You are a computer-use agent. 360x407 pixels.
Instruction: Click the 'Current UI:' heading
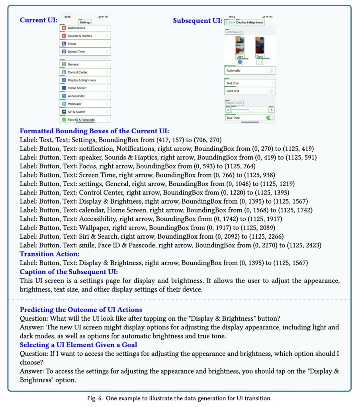[x=39, y=20]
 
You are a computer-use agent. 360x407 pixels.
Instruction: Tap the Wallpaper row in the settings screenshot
[x=85, y=104]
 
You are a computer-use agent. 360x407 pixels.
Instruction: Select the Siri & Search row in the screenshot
[x=85, y=112]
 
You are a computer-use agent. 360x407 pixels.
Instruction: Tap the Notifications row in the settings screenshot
[x=85, y=28]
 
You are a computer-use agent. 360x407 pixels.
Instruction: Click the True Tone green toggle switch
[x=270, y=118]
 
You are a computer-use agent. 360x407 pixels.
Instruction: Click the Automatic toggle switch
[x=270, y=70]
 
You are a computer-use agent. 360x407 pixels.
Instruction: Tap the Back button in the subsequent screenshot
[x=230, y=23]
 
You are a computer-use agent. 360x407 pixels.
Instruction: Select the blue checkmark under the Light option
[x=240, y=62]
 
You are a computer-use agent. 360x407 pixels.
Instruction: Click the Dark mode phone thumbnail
[x=260, y=45]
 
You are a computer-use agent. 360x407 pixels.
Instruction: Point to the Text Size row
[x=249, y=83]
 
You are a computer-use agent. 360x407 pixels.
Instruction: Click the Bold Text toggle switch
[x=270, y=91]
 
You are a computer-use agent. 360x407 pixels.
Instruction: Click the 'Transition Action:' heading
[x=50, y=254]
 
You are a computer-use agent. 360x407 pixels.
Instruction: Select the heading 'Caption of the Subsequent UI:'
[x=69, y=272]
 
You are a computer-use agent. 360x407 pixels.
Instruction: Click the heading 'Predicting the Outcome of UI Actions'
[x=81, y=310]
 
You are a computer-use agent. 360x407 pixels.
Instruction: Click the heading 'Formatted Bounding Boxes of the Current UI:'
[x=95, y=131]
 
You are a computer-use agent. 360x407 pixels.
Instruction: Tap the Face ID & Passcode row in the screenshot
[x=85, y=120]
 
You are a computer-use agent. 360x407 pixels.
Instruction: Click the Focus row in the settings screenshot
[x=85, y=44]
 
